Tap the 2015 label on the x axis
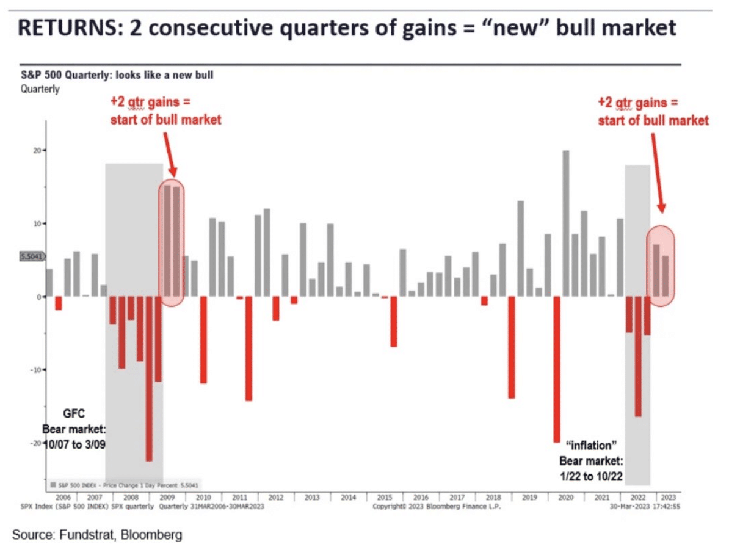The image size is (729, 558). [x=384, y=497]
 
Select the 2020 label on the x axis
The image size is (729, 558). [x=565, y=497]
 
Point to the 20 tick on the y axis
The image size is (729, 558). [x=37, y=150]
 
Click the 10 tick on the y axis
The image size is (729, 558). [x=37, y=223]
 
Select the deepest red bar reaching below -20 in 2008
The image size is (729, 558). [x=149, y=379]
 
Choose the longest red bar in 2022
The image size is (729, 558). [x=638, y=357]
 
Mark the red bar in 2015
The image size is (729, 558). [x=394, y=322]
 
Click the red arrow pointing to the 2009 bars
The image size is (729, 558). [x=170, y=153]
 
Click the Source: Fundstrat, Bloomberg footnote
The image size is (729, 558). [x=97, y=535]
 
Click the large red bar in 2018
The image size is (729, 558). [x=511, y=347]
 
